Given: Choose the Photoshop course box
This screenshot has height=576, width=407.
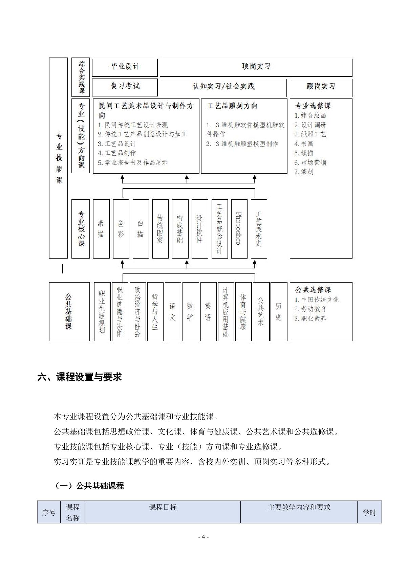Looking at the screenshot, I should click(239, 228).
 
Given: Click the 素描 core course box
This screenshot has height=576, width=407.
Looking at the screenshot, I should click(101, 228).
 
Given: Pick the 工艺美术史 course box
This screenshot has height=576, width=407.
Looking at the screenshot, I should click(259, 228).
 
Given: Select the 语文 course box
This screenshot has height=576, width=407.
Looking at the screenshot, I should click(173, 311).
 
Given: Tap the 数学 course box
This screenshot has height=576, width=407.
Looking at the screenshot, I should click(190, 311).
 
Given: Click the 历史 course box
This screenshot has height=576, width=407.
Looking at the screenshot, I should click(278, 311).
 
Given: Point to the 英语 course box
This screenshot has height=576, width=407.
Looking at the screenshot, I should click(208, 311).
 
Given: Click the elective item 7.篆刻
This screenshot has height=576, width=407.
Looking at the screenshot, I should click(304, 172).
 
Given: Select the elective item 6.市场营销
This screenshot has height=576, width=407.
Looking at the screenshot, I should click(310, 162).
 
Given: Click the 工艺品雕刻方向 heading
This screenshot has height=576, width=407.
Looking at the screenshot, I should click(232, 106).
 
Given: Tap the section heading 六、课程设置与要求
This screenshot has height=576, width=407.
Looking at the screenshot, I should click(79, 377).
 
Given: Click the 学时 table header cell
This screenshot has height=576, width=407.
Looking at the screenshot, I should click(369, 512).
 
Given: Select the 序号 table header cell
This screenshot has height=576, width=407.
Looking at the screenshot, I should click(48, 512).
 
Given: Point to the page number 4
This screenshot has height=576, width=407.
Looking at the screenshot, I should click(203, 537).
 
